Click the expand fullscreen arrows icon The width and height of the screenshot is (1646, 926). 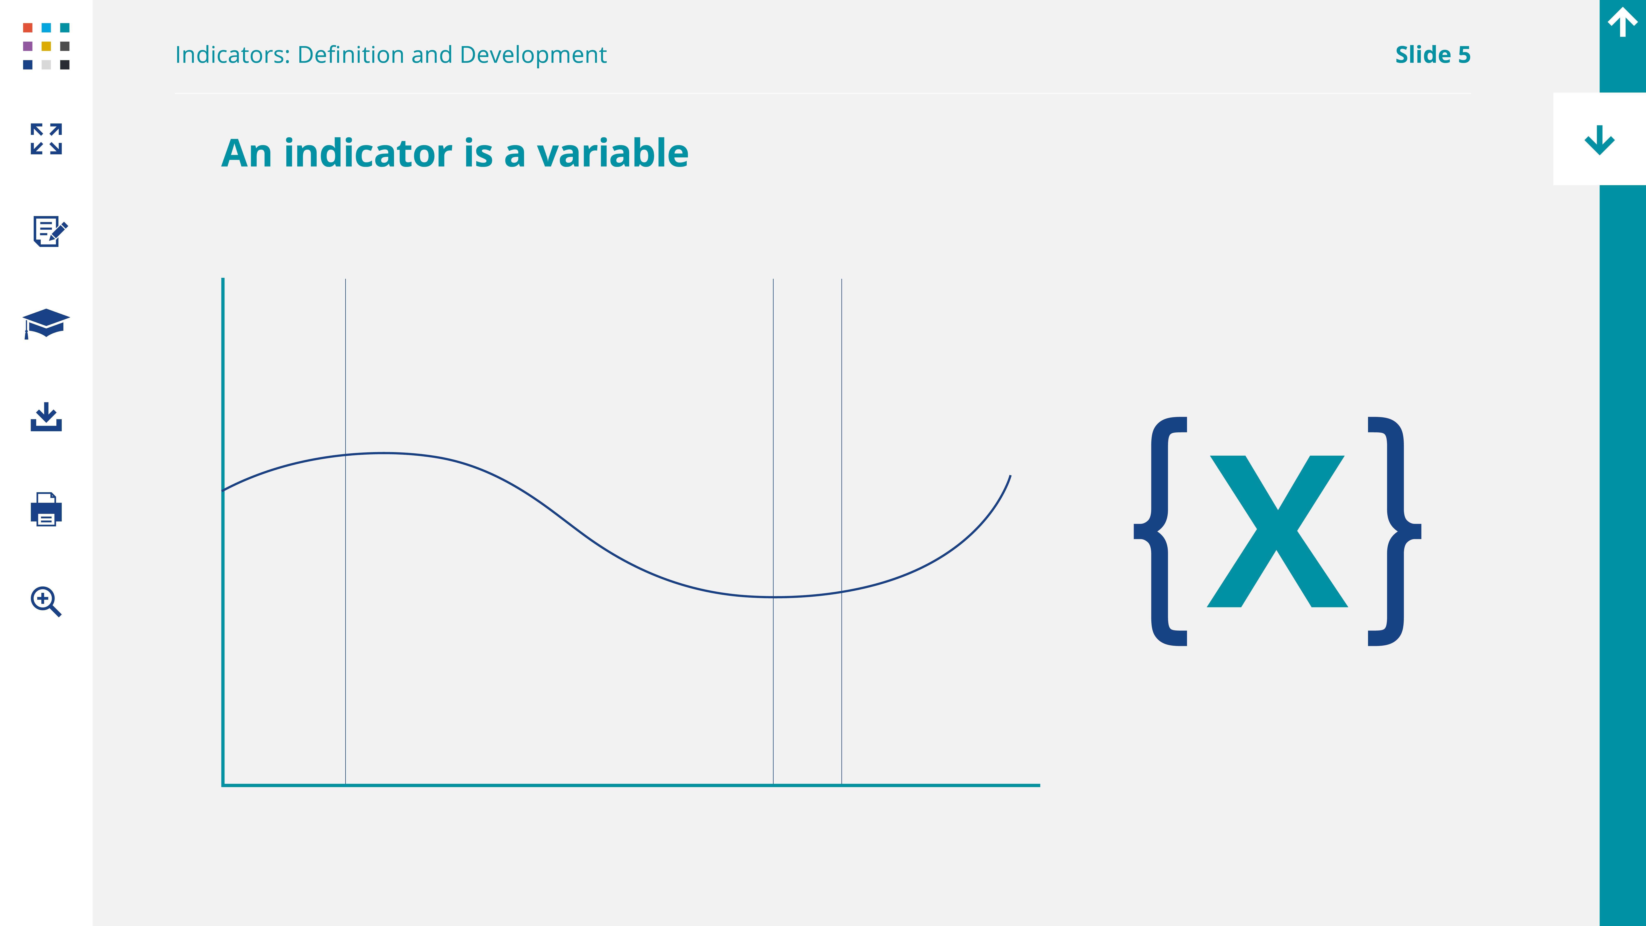tap(46, 139)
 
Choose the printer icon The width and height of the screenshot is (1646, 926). tap(46, 509)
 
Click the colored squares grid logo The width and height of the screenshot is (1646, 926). tap(46, 46)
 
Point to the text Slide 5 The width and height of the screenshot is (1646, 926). tap(1433, 55)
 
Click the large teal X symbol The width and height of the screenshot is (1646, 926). tap(1277, 531)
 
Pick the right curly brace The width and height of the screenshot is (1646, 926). tap(1394, 531)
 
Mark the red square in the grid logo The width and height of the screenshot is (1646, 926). tap(28, 28)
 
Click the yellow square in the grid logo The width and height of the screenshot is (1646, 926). tap(46, 46)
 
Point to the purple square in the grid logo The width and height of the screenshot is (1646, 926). tap(28, 46)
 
